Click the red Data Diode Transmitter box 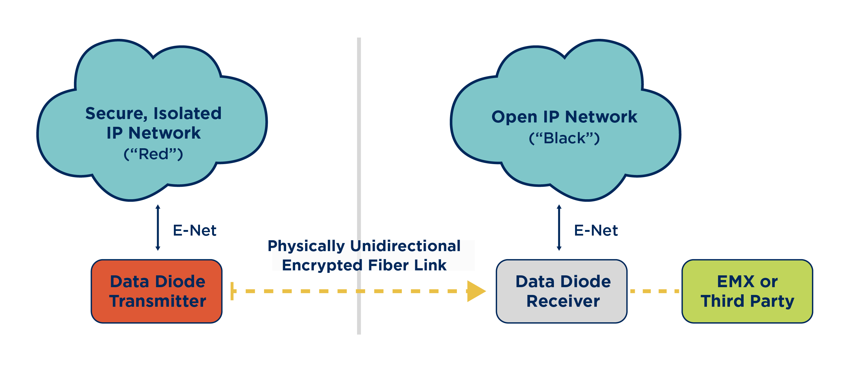156,291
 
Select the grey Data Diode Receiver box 561,291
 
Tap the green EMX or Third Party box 747,291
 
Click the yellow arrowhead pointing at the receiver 476,291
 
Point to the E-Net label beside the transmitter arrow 194,230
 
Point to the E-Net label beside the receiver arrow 596,230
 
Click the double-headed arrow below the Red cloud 158,227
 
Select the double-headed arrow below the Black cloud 559,227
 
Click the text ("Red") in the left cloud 153,154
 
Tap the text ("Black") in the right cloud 564,138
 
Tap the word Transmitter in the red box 157,301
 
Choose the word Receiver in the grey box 563,301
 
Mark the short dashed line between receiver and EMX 654,291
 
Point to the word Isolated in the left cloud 187,113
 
